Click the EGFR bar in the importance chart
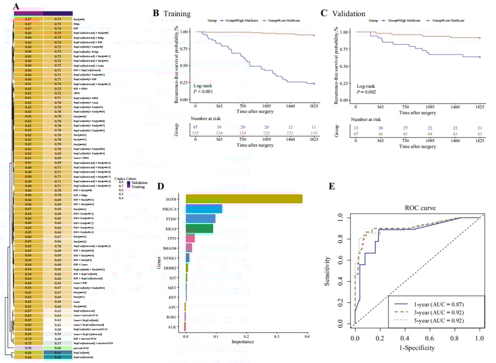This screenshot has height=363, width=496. pyautogui.click(x=243, y=199)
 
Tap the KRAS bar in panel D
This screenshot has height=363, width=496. pyautogui.click(x=199, y=229)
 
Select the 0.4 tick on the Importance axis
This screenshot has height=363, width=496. pyautogui.click(x=307, y=336)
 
